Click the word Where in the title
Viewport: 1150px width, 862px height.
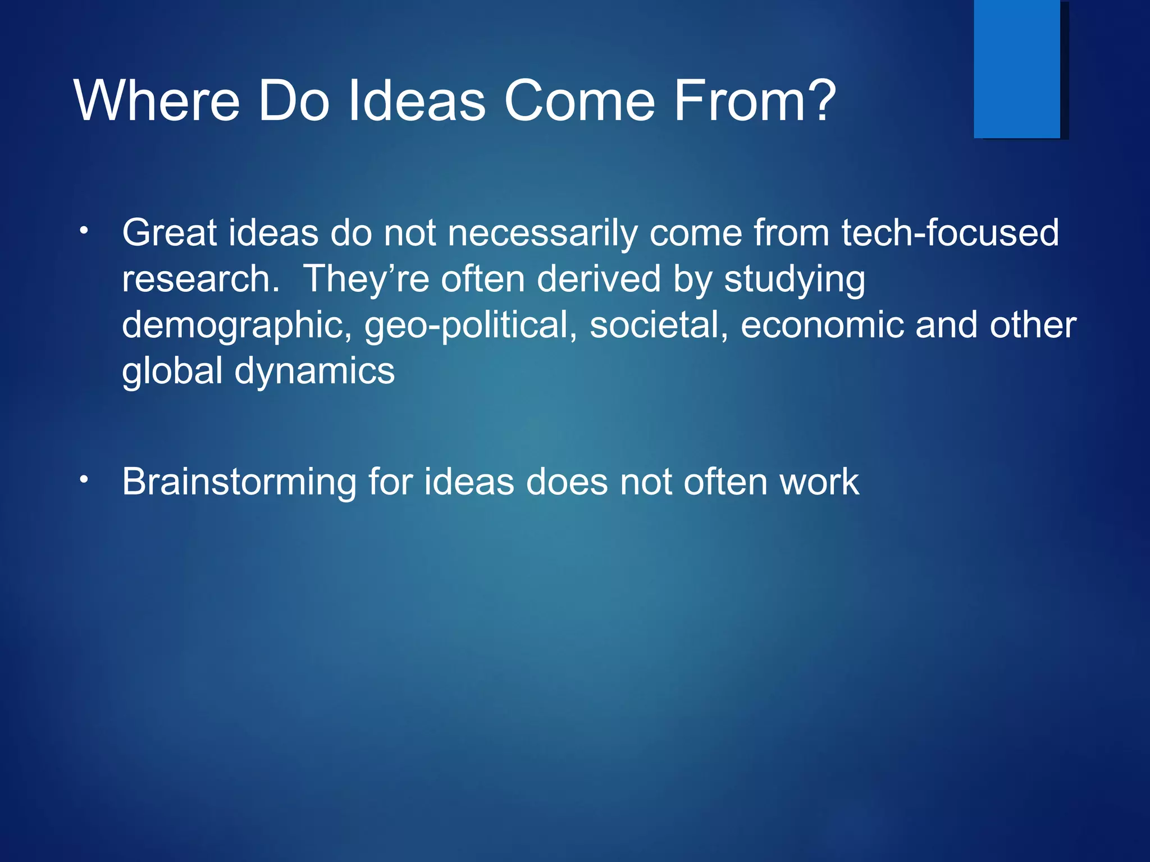coord(157,101)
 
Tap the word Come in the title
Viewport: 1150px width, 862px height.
coord(579,101)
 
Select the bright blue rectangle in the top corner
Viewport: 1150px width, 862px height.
coord(1016,68)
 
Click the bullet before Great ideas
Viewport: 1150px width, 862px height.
coord(84,231)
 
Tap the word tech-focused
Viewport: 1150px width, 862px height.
coord(950,233)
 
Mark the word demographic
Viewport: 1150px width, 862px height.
coord(236,326)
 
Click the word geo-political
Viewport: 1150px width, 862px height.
coord(471,326)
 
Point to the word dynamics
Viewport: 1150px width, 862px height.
coord(314,372)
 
